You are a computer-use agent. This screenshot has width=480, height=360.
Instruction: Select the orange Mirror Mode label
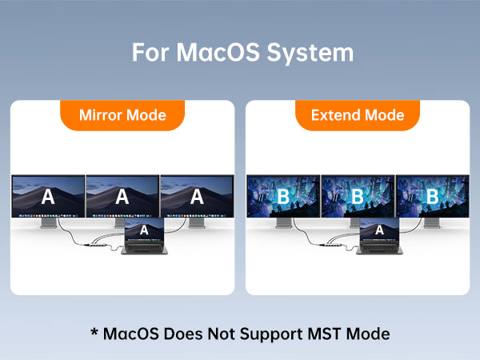point(122,114)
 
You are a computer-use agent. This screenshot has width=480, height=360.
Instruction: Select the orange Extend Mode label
point(357,114)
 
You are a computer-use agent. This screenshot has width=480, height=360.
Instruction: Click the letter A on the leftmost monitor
point(48,197)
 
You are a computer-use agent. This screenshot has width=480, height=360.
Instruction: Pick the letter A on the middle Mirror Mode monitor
point(122,197)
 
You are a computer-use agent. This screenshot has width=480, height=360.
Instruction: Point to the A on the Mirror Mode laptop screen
point(144,230)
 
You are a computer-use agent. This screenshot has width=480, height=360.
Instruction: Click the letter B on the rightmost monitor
point(431,197)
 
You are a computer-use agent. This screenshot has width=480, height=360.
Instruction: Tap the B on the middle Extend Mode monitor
point(358,197)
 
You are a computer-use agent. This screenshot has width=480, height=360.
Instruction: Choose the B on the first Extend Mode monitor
point(283,197)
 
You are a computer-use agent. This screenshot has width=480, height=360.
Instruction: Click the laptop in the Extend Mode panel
point(379,237)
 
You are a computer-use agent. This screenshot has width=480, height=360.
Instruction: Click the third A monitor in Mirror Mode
point(197,197)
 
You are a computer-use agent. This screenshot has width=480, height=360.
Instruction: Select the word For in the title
point(150,53)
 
